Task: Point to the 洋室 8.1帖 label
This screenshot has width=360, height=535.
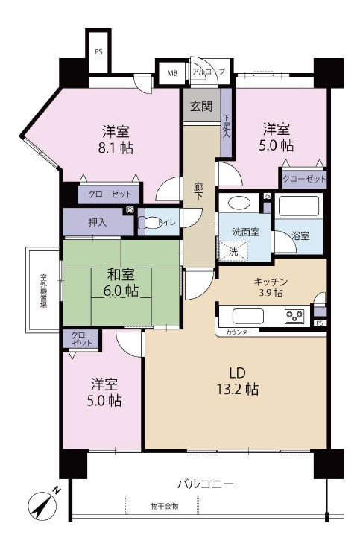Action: (x=118, y=139)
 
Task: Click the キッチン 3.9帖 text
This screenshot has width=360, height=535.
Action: (x=271, y=287)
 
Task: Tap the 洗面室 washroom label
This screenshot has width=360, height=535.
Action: (x=244, y=232)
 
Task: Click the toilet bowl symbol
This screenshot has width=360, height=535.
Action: (x=154, y=221)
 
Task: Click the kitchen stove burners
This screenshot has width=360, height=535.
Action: (x=295, y=317)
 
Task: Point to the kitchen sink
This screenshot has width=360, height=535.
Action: (x=245, y=315)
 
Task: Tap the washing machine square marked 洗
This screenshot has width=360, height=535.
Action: (x=233, y=252)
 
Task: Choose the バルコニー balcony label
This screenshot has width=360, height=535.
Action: (x=205, y=484)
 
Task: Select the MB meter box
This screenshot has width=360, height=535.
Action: (x=172, y=73)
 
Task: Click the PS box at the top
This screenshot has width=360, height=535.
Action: (x=98, y=52)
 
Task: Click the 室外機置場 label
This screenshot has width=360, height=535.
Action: (x=43, y=290)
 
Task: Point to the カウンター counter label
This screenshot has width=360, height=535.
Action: (x=239, y=331)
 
